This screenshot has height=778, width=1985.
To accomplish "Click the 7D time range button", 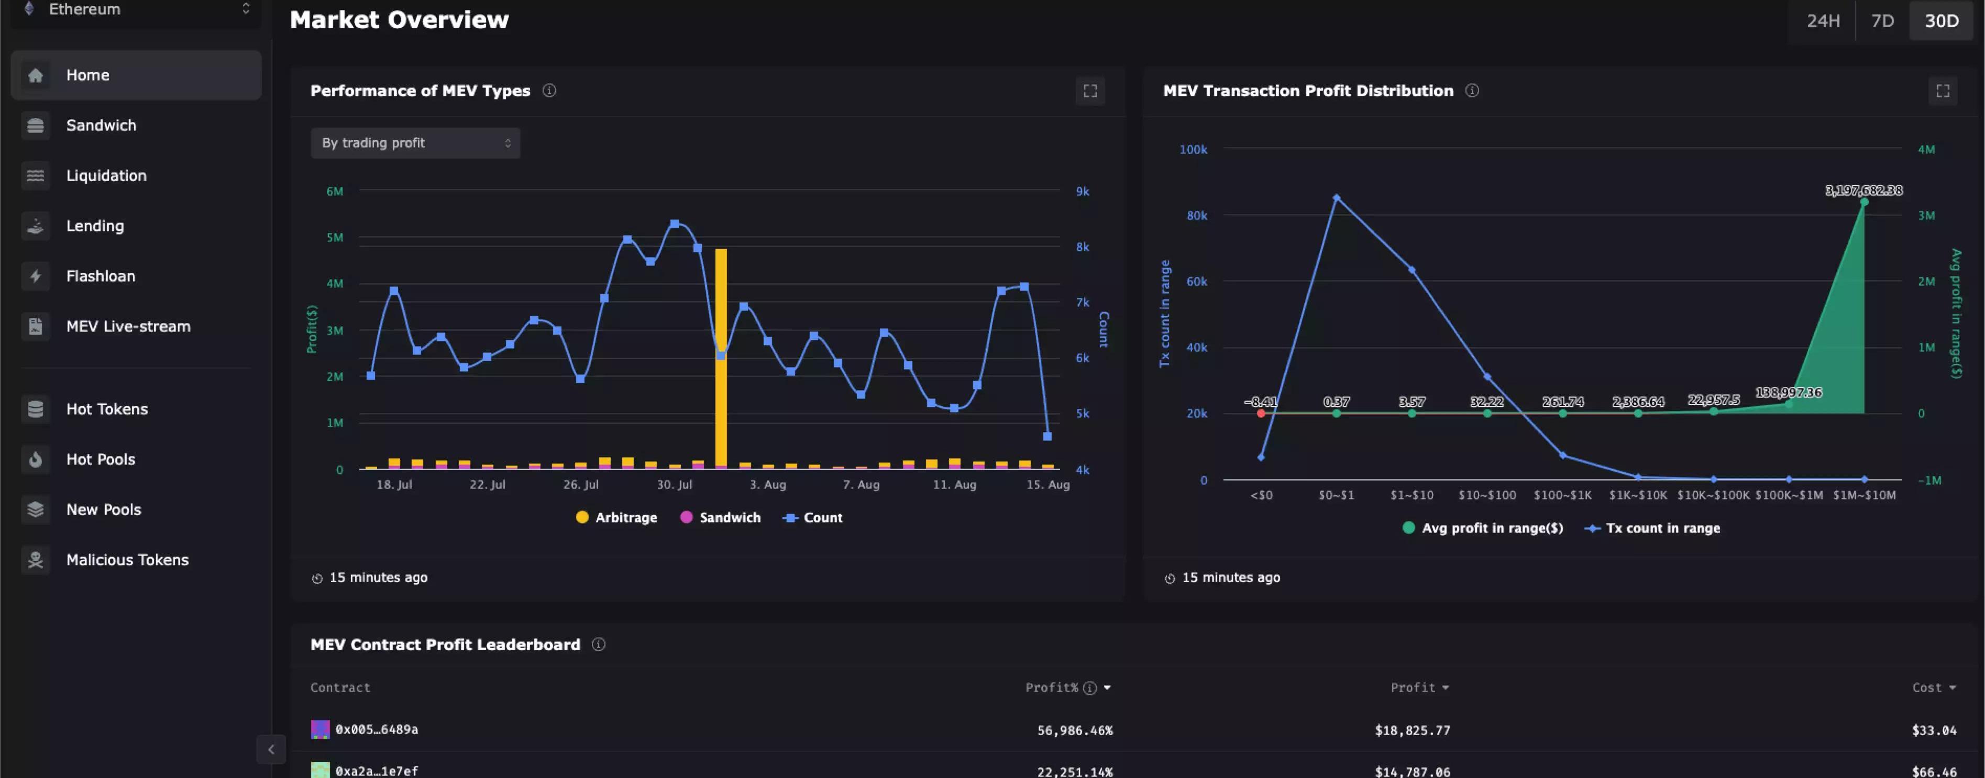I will pyautogui.click(x=1882, y=21).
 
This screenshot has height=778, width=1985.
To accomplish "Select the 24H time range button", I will pyautogui.click(x=1823, y=21).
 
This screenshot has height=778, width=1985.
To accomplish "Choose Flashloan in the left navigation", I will pyautogui.click(x=100, y=276).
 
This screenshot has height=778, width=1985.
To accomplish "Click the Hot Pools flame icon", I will pyautogui.click(x=36, y=460).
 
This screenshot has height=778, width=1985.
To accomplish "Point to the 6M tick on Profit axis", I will pyautogui.click(x=335, y=191).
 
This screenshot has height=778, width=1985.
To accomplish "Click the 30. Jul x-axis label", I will pyautogui.click(x=674, y=484).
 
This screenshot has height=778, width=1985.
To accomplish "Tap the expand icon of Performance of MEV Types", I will pyautogui.click(x=1089, y=91).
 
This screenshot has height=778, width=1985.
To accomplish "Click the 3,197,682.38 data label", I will pyautogui.click(x=1863, y=190).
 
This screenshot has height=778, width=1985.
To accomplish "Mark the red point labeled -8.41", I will pyautogui.click(x=1261, y=414).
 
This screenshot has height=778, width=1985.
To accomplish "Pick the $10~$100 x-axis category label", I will pyautogui.click(x=1486, y=495).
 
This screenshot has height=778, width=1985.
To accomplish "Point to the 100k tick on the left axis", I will pyautogui.click(x=1193, y=149).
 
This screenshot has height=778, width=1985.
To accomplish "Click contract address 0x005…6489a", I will pyautogui.click(x=376, y=729).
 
